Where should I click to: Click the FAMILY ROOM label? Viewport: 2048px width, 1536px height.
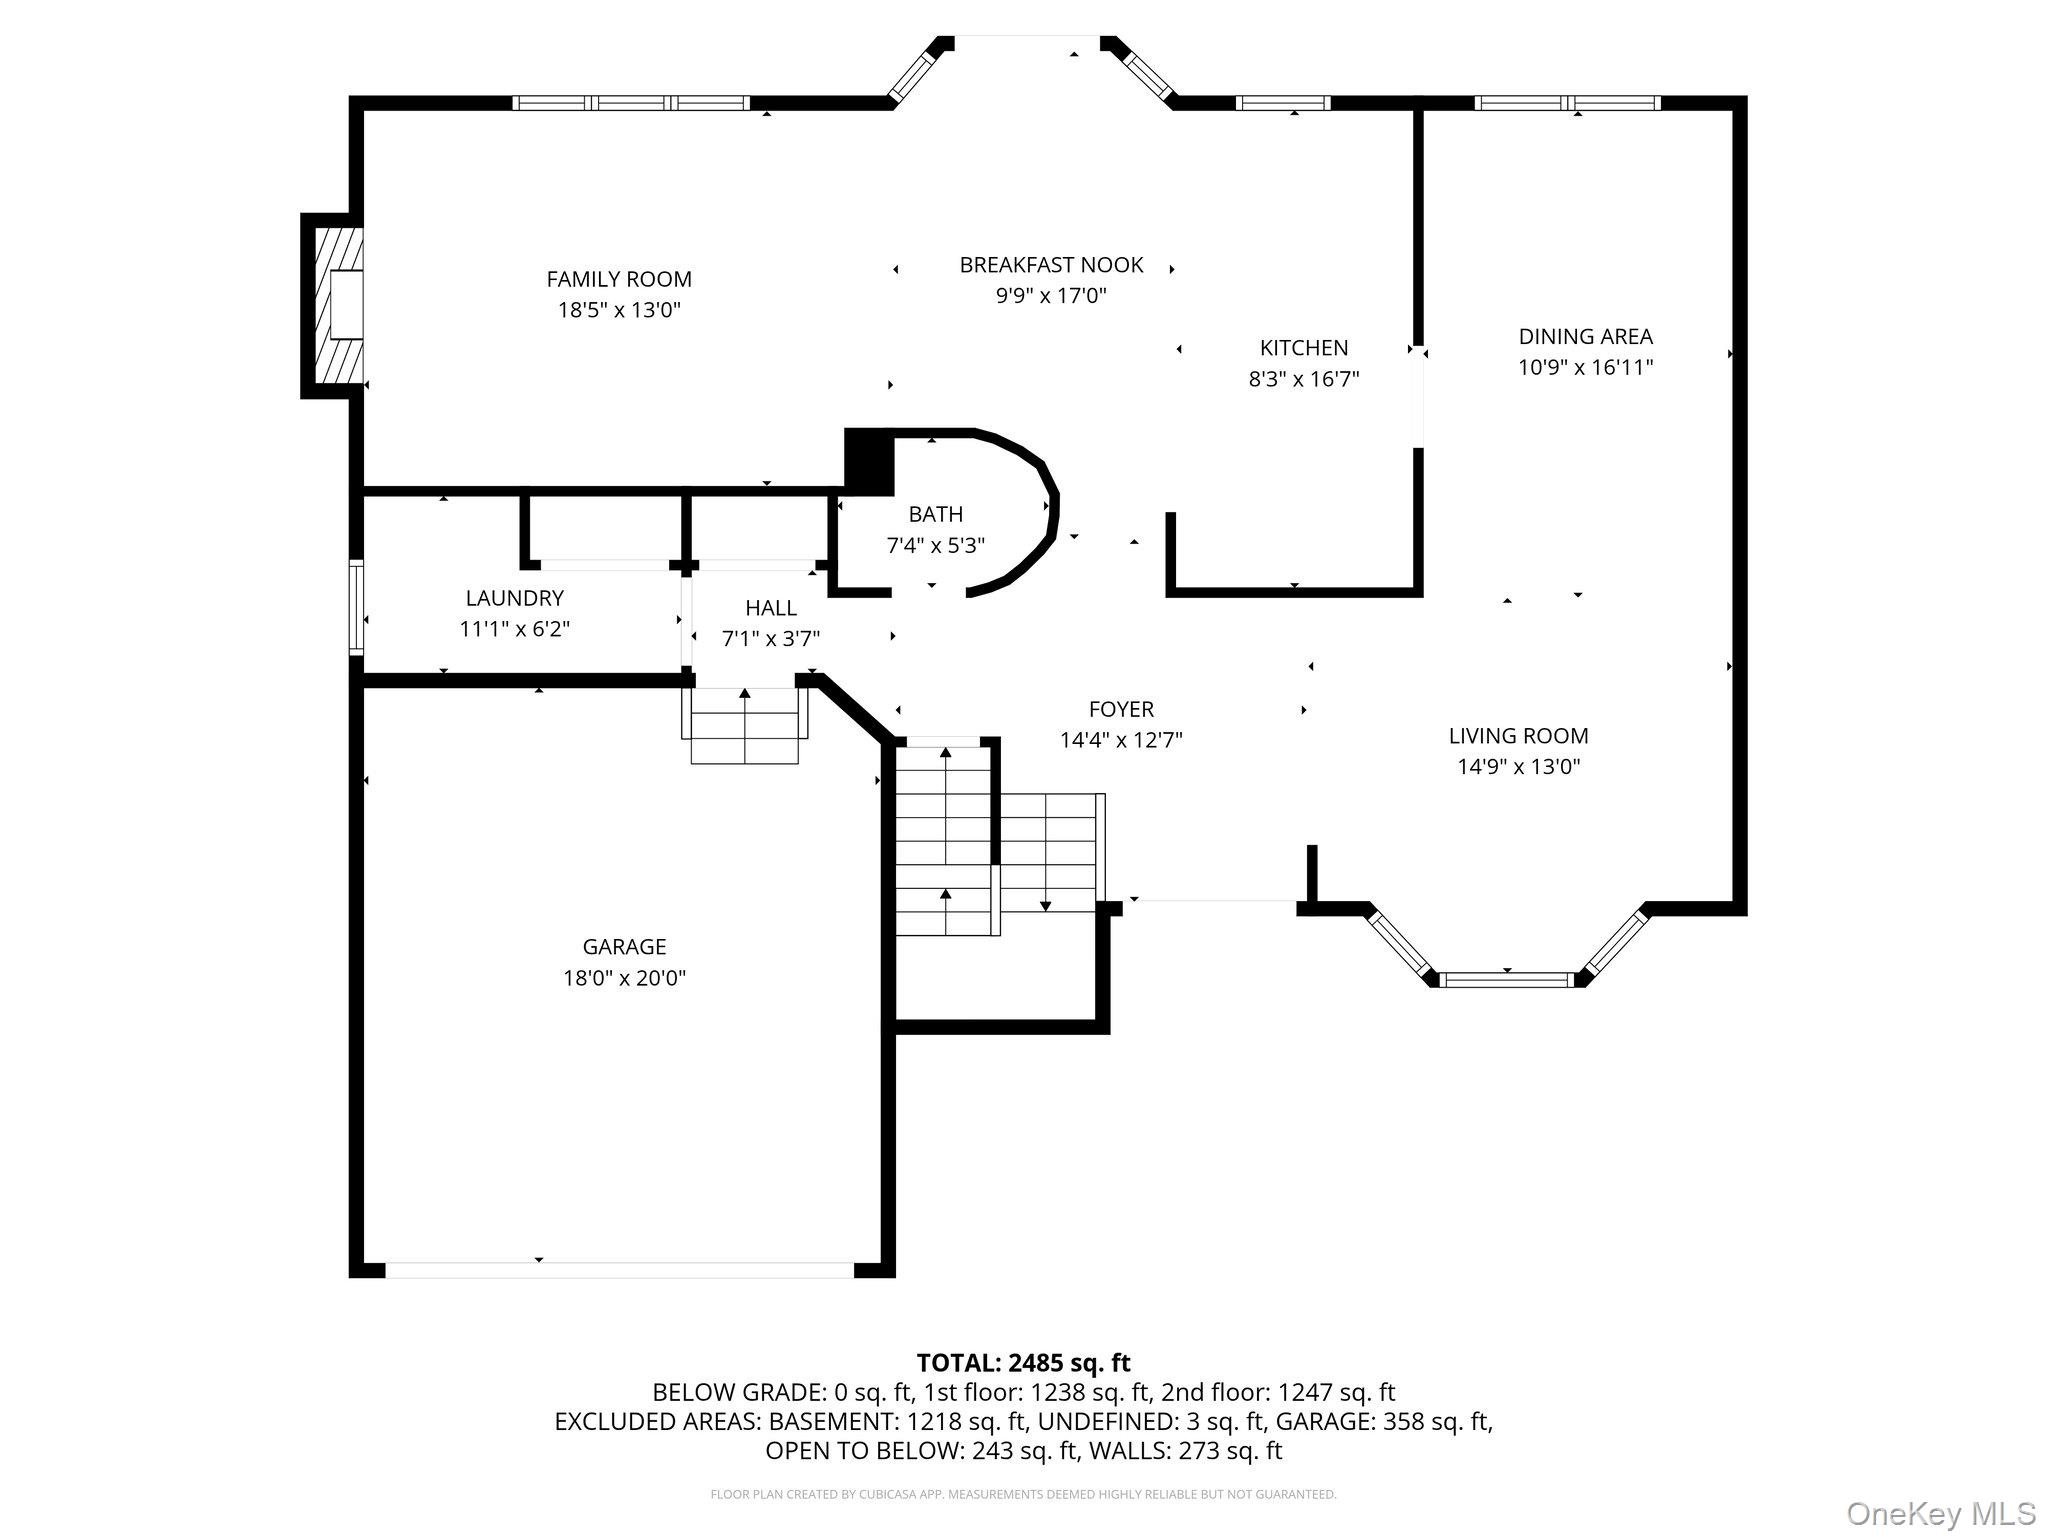(x=619, y=279)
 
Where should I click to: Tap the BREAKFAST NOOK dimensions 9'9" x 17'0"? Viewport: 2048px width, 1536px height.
(x=1051, y=296)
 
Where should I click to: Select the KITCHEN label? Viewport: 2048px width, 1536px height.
(x=1303, y=348)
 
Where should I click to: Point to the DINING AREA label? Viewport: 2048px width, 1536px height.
(x=1585, y=336)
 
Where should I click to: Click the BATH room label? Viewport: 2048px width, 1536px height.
(x=935, y=514)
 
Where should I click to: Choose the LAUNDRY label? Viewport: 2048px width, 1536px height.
(x=514, y=598)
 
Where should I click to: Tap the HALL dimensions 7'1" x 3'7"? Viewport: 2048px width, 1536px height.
(x=770, y=639)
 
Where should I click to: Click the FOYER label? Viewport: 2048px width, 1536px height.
(x=1121, y=709)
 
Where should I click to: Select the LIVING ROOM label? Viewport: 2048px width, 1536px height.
(x=1518, y=736)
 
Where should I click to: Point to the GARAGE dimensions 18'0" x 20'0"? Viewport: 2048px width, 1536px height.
(x=624, y=978)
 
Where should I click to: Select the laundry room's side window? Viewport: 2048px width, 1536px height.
(x=356, y=607)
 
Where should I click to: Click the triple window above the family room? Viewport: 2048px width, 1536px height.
(x=631, y=103)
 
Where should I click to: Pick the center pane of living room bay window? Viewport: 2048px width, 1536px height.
(x=1507, y=979)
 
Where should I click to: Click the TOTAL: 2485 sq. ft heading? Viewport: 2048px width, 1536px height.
(x=1023, y=1362)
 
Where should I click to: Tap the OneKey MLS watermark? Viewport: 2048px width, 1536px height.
(x=1940, y=1513)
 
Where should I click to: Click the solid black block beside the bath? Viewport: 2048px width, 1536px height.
(x=868, y=461)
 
